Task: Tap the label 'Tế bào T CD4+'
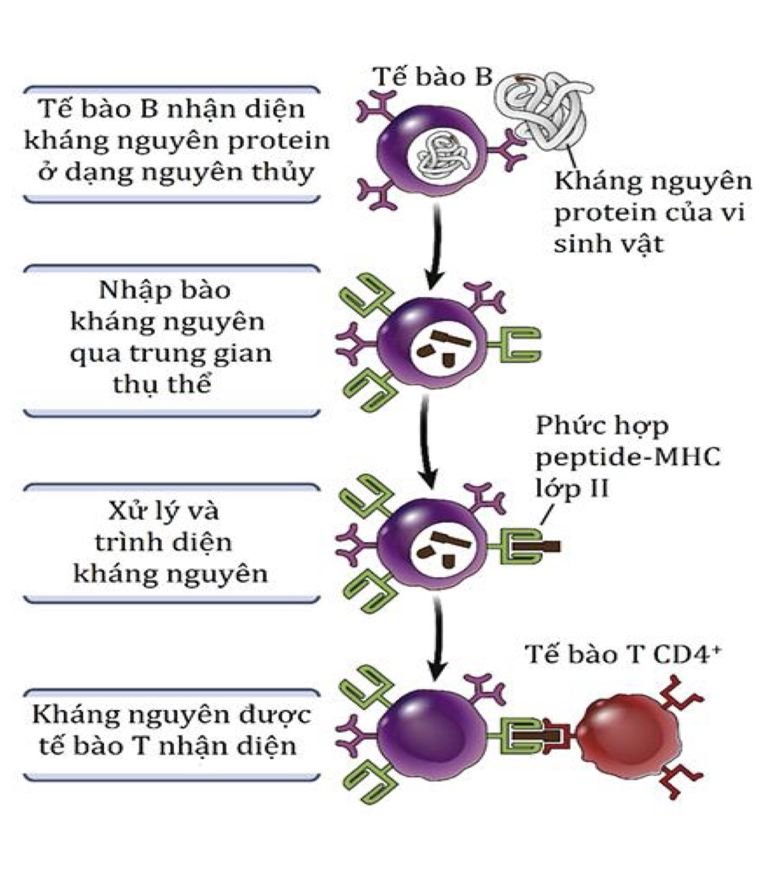click(623, 655)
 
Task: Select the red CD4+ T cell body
click(629, 735)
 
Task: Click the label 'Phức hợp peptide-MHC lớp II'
click(627, 456)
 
